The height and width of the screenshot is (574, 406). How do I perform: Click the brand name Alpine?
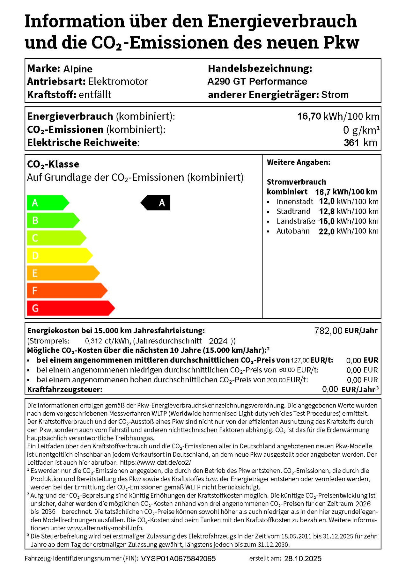pos(78,69)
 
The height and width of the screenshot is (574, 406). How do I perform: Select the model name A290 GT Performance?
pos(257,81)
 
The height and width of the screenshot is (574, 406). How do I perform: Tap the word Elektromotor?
pos(118,81)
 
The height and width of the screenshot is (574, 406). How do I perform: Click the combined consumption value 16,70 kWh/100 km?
pos(338,116)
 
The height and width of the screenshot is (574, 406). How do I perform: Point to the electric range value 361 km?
pos(360,143)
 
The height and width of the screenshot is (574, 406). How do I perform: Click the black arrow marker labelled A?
pos(156,203)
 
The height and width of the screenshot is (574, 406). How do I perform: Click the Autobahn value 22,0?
pos(326,231)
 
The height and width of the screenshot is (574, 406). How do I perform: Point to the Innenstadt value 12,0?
pos(327,202)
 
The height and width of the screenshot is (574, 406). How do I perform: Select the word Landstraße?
pos(296,221)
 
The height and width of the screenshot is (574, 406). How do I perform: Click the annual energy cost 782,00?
pos(328,331)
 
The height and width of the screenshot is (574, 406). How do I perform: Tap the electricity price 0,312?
pos(93,341)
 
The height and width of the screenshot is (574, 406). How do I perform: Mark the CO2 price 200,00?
pos(276,380)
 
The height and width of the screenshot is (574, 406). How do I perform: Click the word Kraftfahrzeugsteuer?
pos(65,389)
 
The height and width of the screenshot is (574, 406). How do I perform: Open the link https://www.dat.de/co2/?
pos(156,462)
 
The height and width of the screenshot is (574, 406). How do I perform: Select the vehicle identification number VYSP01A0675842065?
pos(178,559)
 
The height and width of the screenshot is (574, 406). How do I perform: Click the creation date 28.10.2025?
pos(303,559)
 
